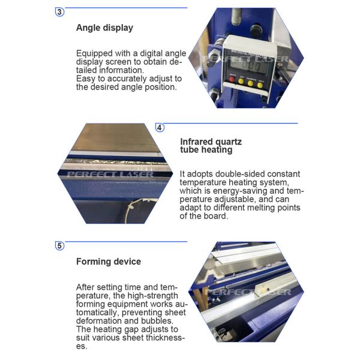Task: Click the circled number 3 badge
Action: point(59,12)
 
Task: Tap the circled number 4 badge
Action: point(160,127)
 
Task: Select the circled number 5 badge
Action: point(59,246)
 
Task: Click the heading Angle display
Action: point(104,28)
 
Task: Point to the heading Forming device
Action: point(109,262)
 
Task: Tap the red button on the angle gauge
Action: point(232,79)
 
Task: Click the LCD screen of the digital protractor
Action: point(250,65)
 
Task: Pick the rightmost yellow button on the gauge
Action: point(260,85)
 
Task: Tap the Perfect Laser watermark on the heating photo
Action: point(110,174)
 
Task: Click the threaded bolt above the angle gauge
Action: point(236,17)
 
